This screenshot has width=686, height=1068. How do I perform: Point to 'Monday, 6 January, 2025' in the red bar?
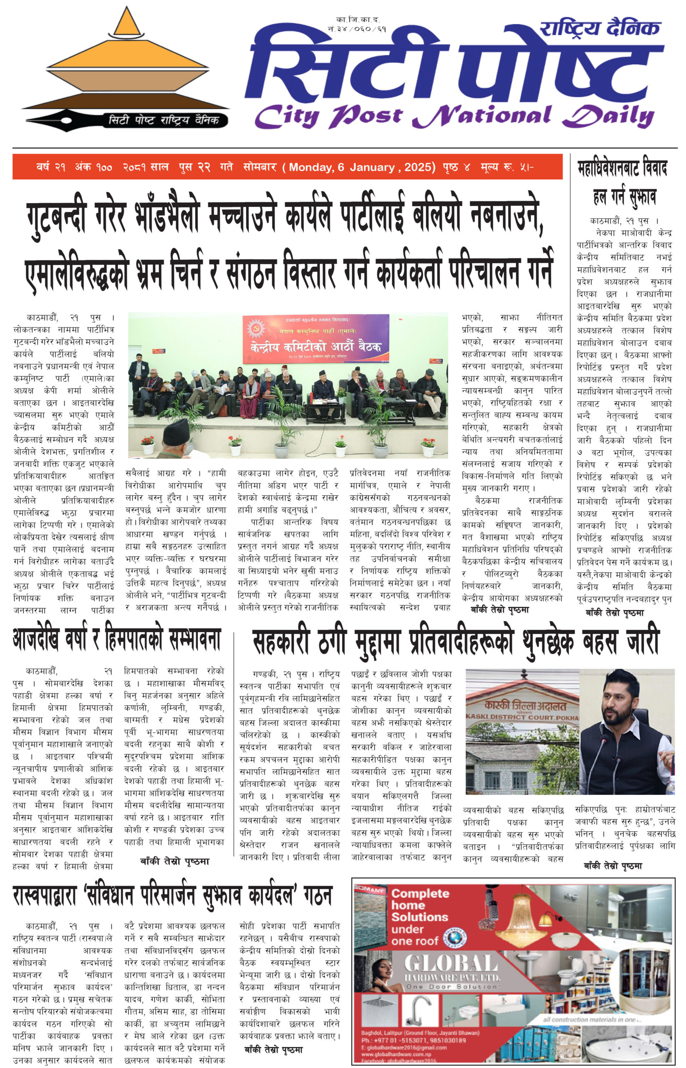pos(362,167)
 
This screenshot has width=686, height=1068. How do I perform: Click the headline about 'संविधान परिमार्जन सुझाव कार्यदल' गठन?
pos(172,896)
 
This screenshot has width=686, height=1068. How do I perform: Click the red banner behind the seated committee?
pos(315,338)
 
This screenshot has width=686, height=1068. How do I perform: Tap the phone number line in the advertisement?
pos(414,1040)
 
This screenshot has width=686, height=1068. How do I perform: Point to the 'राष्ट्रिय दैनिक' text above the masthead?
pos(599,28)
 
